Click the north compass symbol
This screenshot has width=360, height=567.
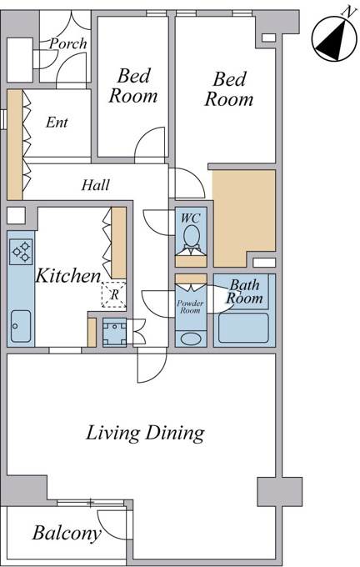pyautogui.click(x=334, y=39)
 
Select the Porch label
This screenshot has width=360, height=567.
pyautogui.click(x=68, y=43)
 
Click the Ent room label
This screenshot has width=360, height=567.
pyautogui.click(x=57, y=123)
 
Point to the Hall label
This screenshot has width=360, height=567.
pyautogui.click(x=96, y=185)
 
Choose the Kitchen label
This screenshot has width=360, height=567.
pyautogui.click(x=68, y=276)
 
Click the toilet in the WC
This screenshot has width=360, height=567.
pyautogui.click(x=191, y=237)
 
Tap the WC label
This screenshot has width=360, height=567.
pyautogui.click(x=191, y=218)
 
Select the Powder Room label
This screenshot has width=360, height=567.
pyautogui.click(x=190, y=307)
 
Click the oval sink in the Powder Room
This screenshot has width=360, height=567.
pyautogui.click(x=191, y=339)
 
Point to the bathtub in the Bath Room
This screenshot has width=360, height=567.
pyautogui.click(x=243, y=328)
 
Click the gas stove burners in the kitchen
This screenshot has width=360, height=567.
pyautogui.click(x=21, y=252)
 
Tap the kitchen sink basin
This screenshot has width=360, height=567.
pyautogui.click(x=21, y=326)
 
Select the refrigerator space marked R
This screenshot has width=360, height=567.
pyautogui.click(x=114, y=294)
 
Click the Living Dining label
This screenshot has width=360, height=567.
pyautogui.click(x=145, y=434)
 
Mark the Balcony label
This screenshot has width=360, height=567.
pyautogui.click(x=67, y=534)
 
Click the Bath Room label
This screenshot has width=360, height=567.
pyautogui.click(x=245, y=292)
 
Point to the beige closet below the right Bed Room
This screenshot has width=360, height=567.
pyautogui.click(x=244, y=218)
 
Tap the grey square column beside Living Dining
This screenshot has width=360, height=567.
pyautogui.click(x=279, y=492)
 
